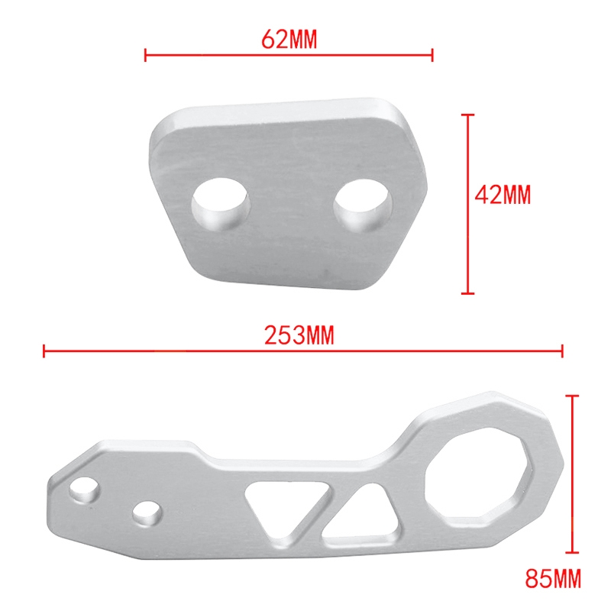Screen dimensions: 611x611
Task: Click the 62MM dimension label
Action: pos(289,40)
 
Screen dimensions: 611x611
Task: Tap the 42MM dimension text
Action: pos(503,195)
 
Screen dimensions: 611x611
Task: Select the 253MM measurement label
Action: pos(299,335)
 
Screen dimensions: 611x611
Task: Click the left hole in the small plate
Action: pos(220,204)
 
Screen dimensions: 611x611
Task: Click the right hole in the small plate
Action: pos(363,205)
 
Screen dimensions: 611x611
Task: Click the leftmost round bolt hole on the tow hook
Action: pos(84,490)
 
